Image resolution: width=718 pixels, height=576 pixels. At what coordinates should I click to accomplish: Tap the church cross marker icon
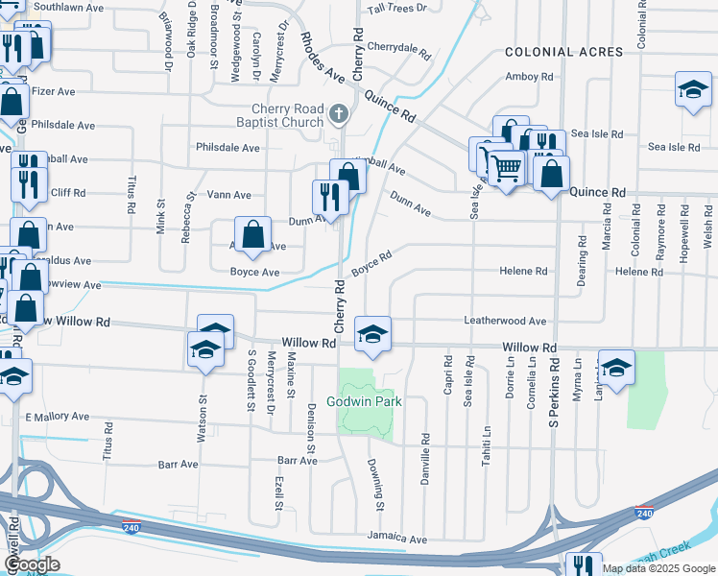click(337, 115)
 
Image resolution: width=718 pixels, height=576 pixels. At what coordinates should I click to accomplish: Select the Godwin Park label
click(364, 401)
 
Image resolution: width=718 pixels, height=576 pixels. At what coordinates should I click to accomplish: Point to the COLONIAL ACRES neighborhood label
click(562, 52)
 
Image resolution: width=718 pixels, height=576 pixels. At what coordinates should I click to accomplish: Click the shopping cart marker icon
click(506, 168)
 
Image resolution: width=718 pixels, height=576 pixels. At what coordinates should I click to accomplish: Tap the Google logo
click(31, 564)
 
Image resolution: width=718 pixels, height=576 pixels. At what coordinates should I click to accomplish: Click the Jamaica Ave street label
click(396, 540)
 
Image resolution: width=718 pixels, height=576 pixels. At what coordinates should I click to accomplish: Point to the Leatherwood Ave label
click(505, 321)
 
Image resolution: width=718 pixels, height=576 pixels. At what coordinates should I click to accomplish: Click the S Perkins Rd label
click(554, 395)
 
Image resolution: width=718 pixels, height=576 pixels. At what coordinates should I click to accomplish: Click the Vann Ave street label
click(229, 195)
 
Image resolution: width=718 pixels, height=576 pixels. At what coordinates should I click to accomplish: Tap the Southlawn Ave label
click(68, 8)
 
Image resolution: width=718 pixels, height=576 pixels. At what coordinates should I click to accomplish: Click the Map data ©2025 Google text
click(658, 568)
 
